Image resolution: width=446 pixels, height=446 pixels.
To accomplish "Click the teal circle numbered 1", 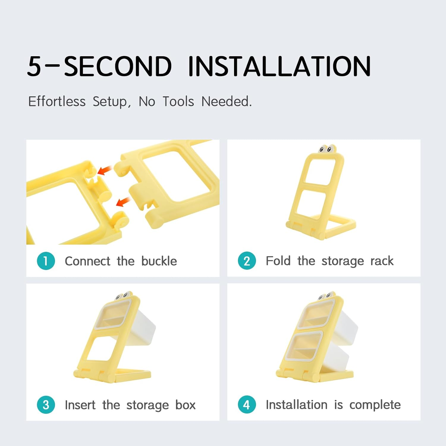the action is pos(46,261).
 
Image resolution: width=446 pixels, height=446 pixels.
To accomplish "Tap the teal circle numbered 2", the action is pos(247,261).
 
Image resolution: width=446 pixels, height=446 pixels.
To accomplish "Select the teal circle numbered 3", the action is pos(46,405).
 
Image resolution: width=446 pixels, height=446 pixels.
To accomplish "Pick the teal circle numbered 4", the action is pos(247,404).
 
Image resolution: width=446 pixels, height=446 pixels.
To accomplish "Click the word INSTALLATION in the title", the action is pos(279,66).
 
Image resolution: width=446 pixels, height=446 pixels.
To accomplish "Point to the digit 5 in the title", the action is pos(34,66).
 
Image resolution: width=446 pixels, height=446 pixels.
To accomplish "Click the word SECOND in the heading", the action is pos(118,66).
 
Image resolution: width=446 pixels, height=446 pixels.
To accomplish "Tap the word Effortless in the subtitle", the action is pos(57,101).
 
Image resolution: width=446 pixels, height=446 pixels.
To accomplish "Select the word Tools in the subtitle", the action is pos(178,101).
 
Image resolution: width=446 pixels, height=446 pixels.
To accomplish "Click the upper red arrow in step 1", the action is pos(104,170).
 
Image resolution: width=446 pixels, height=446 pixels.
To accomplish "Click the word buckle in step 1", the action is pos(159,261).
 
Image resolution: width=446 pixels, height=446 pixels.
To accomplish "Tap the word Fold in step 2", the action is pos(278,261).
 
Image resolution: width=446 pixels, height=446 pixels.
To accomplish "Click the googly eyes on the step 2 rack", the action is pos(326,149).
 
